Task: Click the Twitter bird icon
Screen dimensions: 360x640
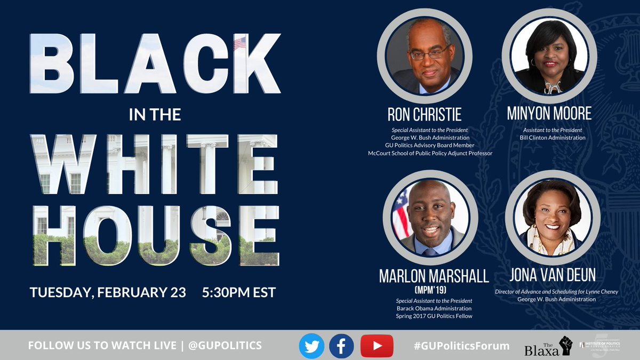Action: point(311,345)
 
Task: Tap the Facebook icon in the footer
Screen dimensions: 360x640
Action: point(342,345)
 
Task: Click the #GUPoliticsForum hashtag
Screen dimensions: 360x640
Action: point(461,346)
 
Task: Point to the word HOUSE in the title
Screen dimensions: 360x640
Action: point(155,235)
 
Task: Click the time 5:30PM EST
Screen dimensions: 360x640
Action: point(239,293)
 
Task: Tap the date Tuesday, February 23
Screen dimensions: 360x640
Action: point(108,293)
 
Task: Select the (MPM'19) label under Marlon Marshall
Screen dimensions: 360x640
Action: point(430,291)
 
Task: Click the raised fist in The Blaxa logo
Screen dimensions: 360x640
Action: point(564,346)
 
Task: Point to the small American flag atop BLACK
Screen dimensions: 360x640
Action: point(239,43)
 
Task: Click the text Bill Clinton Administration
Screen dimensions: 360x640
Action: point(553,138)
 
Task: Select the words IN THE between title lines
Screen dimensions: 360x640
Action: point(155,115)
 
